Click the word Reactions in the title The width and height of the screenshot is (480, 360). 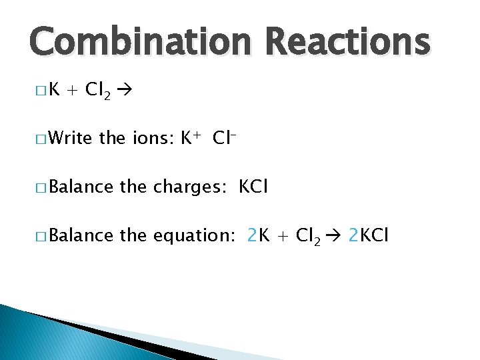[347, 41]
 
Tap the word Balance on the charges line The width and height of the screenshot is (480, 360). [81, 187]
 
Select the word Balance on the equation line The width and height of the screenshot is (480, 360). [81, 235]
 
